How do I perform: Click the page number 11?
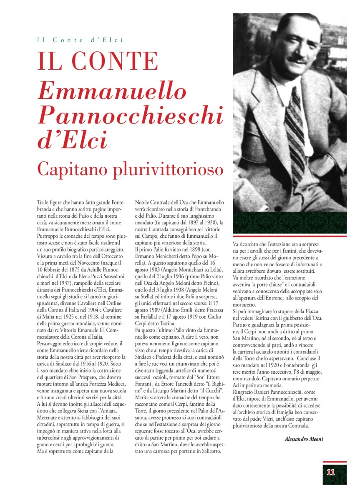(331, 473)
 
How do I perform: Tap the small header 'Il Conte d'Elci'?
(81, 40)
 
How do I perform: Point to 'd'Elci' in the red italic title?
(72, 141)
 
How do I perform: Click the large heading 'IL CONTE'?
(98, 61)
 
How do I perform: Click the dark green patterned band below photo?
(290, 223)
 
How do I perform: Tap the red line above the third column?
(290, 236)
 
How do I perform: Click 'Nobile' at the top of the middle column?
(143, 202)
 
